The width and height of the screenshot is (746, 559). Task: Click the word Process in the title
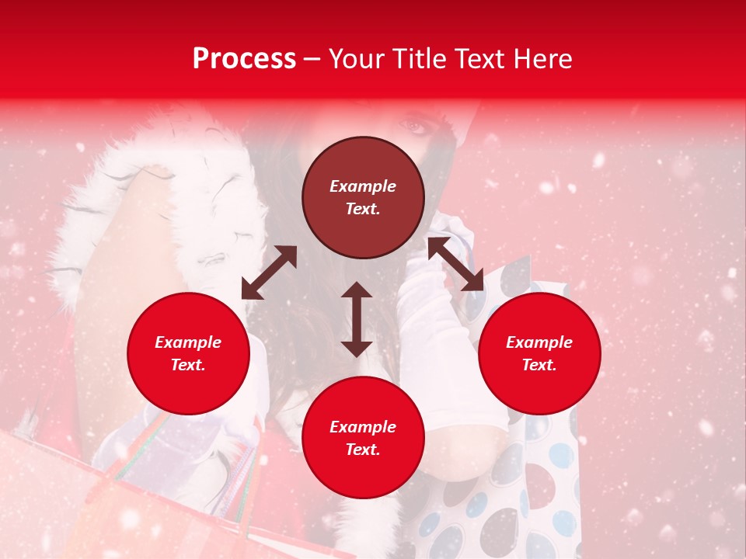244,59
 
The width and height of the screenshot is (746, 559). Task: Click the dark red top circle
363,198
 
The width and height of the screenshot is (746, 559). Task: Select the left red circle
188,353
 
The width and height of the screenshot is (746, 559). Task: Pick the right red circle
539,353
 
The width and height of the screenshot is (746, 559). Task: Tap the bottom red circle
363,438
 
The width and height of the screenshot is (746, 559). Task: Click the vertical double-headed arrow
357,319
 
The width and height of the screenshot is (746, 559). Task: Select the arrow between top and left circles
269,273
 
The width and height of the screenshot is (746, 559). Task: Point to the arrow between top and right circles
455,265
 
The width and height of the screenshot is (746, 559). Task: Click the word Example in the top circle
363,186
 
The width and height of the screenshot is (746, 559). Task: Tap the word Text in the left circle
187,365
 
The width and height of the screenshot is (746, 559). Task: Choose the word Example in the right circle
539,342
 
